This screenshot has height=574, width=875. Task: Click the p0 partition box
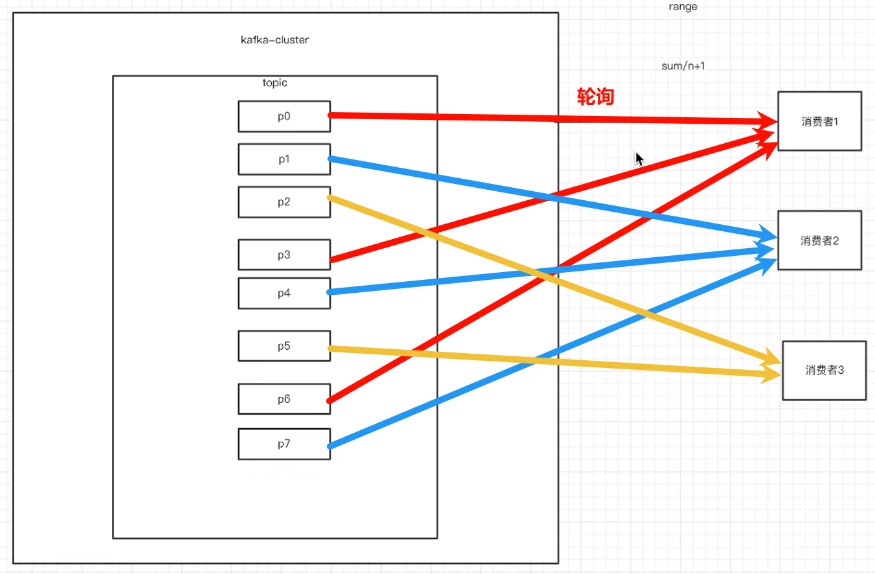(284, 117)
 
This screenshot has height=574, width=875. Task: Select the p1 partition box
(284, 159)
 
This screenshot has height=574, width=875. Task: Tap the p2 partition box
(284, 202)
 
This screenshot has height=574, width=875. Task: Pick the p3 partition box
(284, 255)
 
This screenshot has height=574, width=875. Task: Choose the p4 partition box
(284, 293)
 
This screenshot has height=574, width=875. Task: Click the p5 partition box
(284, 346)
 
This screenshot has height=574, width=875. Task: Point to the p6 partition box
(284, 399)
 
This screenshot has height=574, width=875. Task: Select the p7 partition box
(284, 444)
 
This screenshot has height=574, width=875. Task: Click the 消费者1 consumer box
(819, 121)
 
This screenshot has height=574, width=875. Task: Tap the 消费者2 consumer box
(819, 240)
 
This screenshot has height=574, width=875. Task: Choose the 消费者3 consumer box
(825, 371)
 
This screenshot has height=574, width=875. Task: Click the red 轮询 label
(595, 97)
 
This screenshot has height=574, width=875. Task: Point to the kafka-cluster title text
(274, 40)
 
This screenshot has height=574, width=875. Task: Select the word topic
(274, 83)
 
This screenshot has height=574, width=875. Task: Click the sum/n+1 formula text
(683, 66)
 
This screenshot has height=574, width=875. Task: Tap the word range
(683, 7)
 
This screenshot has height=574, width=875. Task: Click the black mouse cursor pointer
(639, 159)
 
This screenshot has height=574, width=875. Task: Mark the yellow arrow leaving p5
(555, 362)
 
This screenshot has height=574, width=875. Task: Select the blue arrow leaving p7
(552, 353)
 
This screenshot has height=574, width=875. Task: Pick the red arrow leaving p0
(553, 119)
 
